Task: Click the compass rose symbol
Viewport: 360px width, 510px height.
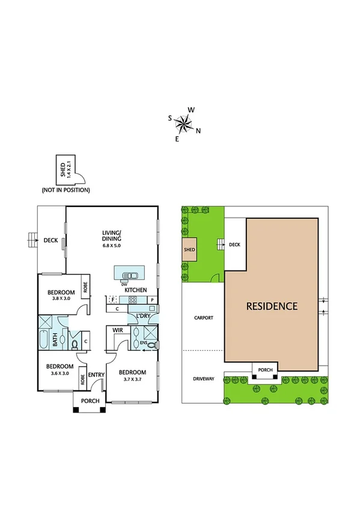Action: tap(184, 124)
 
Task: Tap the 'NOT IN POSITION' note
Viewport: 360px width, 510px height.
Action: tap(66, 190)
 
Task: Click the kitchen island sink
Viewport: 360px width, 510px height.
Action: tap(127, 275)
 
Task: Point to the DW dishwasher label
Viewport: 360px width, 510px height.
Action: tap(124, 284)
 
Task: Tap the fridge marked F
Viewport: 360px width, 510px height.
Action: tap(112, 300)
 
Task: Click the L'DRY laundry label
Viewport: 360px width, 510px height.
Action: tap(143, 316)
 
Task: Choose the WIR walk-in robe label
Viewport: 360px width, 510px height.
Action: tap(118, 330)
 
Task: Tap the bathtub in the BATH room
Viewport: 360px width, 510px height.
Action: tap(45, 342)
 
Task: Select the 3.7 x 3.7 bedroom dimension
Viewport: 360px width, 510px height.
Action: tap(132, 379)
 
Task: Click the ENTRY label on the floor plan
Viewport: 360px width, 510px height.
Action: tap(96, 375)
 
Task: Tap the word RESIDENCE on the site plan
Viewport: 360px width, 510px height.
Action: tap(272, 306)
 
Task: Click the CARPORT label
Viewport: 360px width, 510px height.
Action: tap(202, 318)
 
